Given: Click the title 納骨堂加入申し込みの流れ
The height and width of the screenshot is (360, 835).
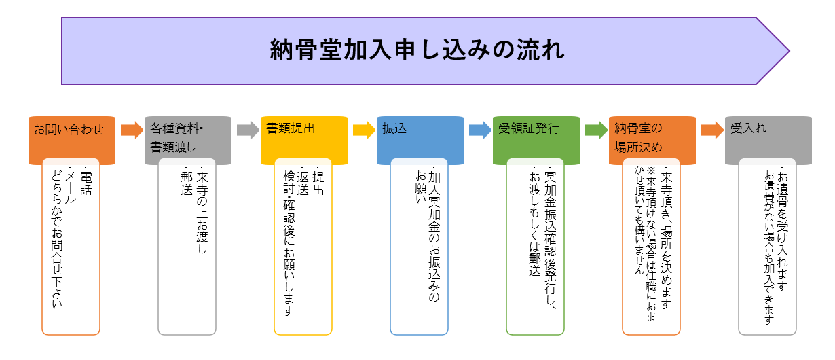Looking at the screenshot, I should (x=417, y=51).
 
